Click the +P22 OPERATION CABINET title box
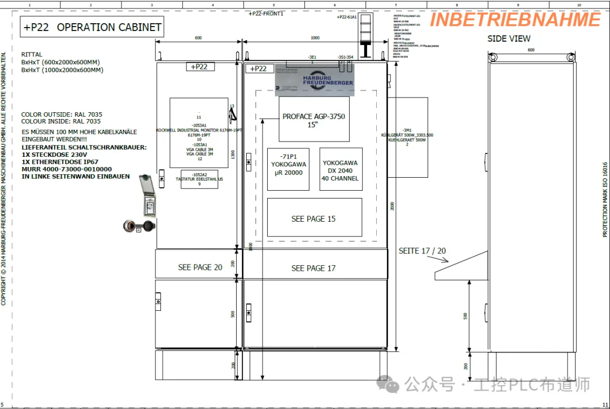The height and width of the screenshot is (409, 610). (x=93, y=27)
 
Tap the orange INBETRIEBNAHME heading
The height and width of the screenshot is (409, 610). (x=515, y=20)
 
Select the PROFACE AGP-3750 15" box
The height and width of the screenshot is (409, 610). (x=313, y=120)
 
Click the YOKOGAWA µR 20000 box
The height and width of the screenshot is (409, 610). (x=288, y=169)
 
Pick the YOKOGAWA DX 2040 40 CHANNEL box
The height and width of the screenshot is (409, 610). (x=340, y=169)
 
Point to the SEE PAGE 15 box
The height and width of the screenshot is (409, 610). (x=314, y=218)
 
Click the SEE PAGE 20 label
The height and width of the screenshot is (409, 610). (x=200, y=267)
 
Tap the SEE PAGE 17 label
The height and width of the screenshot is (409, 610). (x=313, y=268)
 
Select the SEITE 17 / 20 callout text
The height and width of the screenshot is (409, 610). (x=422, y=250)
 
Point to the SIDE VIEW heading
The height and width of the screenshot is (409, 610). (x=509, y=38)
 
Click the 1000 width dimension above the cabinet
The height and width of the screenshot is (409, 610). (x=315, y=38)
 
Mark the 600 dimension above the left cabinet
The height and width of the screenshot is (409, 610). (x=198, y=38)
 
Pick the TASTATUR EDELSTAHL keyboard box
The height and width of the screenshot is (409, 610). (x=199, y=179)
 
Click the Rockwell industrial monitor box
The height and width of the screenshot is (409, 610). (x=199, y=133)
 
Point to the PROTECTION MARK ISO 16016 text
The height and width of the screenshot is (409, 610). (x=605, y=200)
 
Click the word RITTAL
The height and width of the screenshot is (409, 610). (x=32, y=55)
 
